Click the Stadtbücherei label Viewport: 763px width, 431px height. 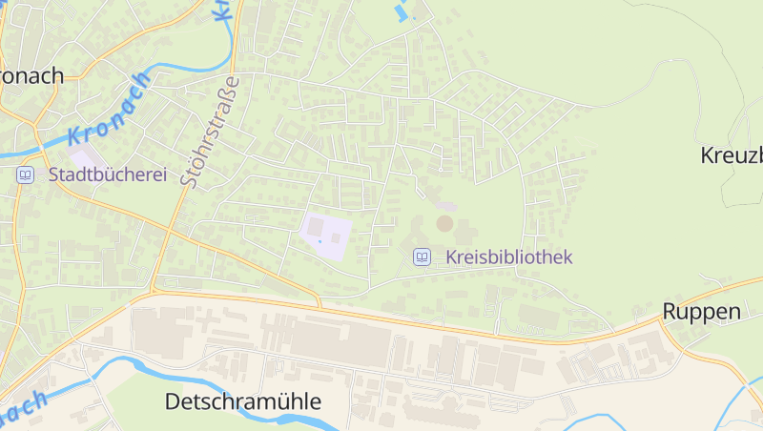(x=107, y=174)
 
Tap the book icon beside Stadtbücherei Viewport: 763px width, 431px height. (x=25, y=174)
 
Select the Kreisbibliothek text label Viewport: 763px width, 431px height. (x=508, y=257)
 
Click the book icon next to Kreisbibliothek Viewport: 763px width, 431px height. (x=422, y=257)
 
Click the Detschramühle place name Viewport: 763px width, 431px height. (x=243, y=401)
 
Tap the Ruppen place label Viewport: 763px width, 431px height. (x=702, y=312)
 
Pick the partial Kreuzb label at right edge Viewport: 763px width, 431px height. (x=732, y=154)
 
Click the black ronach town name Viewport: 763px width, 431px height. (x=31, y=75)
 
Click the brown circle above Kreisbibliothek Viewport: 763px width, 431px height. (x=444, y=223)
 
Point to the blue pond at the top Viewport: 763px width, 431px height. (x=400, y=12)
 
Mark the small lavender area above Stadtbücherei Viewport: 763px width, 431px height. (x=82, y=154)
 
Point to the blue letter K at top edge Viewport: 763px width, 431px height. (x=220, y=9)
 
